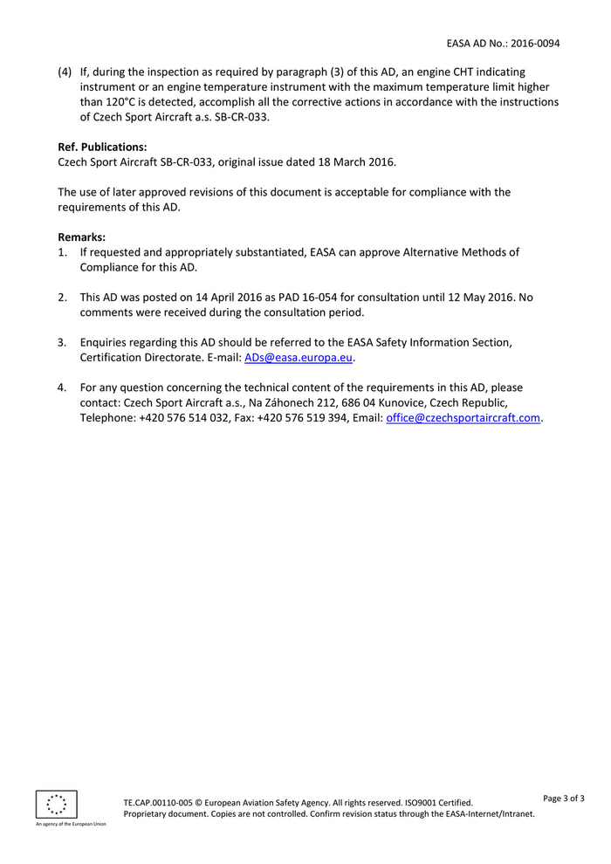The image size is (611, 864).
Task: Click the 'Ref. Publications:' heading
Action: pos(102,147)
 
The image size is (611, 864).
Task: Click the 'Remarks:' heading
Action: pos(81,237)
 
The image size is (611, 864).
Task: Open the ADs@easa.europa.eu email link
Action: pos(299,358)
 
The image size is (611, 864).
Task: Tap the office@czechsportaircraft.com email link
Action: pos(463,418)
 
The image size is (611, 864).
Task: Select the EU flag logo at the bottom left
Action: pos(56,803)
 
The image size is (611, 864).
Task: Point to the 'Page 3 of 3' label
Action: pos(564,798)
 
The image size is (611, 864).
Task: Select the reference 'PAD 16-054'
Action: pos(311,297)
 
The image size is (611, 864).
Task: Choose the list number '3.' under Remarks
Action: pos(63,342)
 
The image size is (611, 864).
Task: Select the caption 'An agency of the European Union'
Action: pos(71,824)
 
